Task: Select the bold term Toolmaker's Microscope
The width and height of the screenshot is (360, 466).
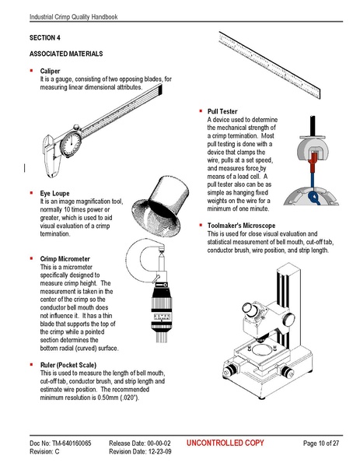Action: tap(247, 225)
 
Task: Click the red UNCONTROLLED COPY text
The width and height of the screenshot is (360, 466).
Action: tap(225, 443)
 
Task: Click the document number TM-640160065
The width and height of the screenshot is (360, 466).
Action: tap(65, 443)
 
